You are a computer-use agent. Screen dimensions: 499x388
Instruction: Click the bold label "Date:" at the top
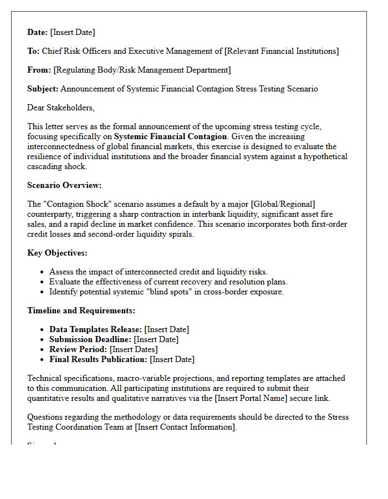[x=38, y=32]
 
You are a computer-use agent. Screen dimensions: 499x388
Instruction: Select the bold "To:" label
[x=33, y=51]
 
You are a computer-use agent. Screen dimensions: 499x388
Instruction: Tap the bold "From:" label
[x=39, y=70]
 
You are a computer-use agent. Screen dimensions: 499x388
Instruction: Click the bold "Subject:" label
[x=43, y=89]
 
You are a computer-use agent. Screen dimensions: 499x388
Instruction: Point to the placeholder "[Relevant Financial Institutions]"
[x=281, y=51]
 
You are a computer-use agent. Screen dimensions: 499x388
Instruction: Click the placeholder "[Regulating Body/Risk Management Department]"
[x=142, y=70]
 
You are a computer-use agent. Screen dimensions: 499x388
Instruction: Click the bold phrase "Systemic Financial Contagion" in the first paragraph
[x=171, y=136]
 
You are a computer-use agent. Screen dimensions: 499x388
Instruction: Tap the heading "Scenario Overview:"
[x=64, y=185]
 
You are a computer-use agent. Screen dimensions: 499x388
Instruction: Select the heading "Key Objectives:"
[x=57, y=253]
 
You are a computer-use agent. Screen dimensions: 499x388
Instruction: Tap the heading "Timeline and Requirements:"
[x=81, y=310]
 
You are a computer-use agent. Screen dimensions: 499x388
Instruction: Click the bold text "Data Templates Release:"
[x=96, y=329]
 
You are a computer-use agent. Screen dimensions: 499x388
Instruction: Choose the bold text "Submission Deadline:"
[x=90, y=339]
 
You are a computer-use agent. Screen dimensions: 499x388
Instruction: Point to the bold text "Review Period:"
[x=78, y=349]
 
